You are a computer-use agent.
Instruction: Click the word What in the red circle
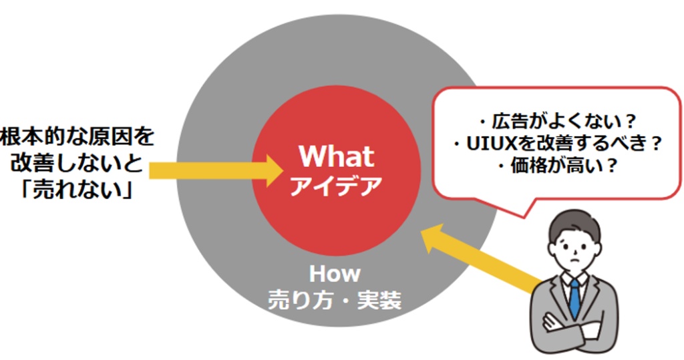(337, 156)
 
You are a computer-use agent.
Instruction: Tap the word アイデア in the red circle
(336, 186)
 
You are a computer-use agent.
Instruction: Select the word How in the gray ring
(335, 274)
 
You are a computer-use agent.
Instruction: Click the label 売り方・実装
(335, 300)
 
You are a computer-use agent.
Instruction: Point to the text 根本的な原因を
(77, 136)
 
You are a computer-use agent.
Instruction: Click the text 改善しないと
(77, 163)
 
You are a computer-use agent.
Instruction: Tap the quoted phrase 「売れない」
(77, 190)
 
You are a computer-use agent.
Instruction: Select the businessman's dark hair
(574, 222)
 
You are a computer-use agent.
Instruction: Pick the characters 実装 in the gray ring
(379, 300)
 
